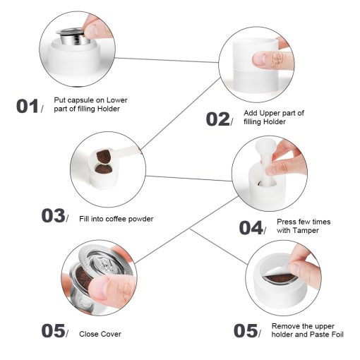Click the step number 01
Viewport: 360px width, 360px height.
[x=28, y=106]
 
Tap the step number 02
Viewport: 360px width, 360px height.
[x=217, y=119]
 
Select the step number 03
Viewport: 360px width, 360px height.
[x=53, y=215]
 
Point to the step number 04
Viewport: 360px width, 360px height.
[x=251, y=227]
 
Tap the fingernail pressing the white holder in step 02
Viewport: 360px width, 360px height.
[x=260, y=59]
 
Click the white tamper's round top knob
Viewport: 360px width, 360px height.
[x=263, y=148]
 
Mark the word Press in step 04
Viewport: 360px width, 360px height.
[x=285, y=222]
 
